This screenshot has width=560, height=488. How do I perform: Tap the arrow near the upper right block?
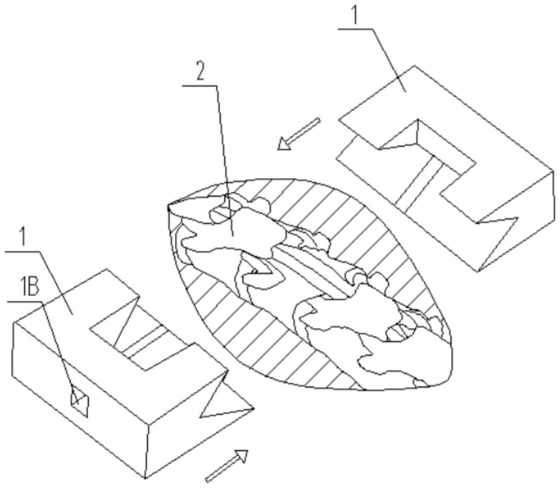point(299,134)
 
